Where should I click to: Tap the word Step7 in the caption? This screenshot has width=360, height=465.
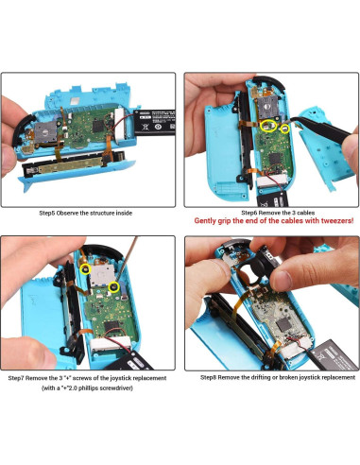21,379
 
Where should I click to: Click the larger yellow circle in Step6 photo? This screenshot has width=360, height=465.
267,125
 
